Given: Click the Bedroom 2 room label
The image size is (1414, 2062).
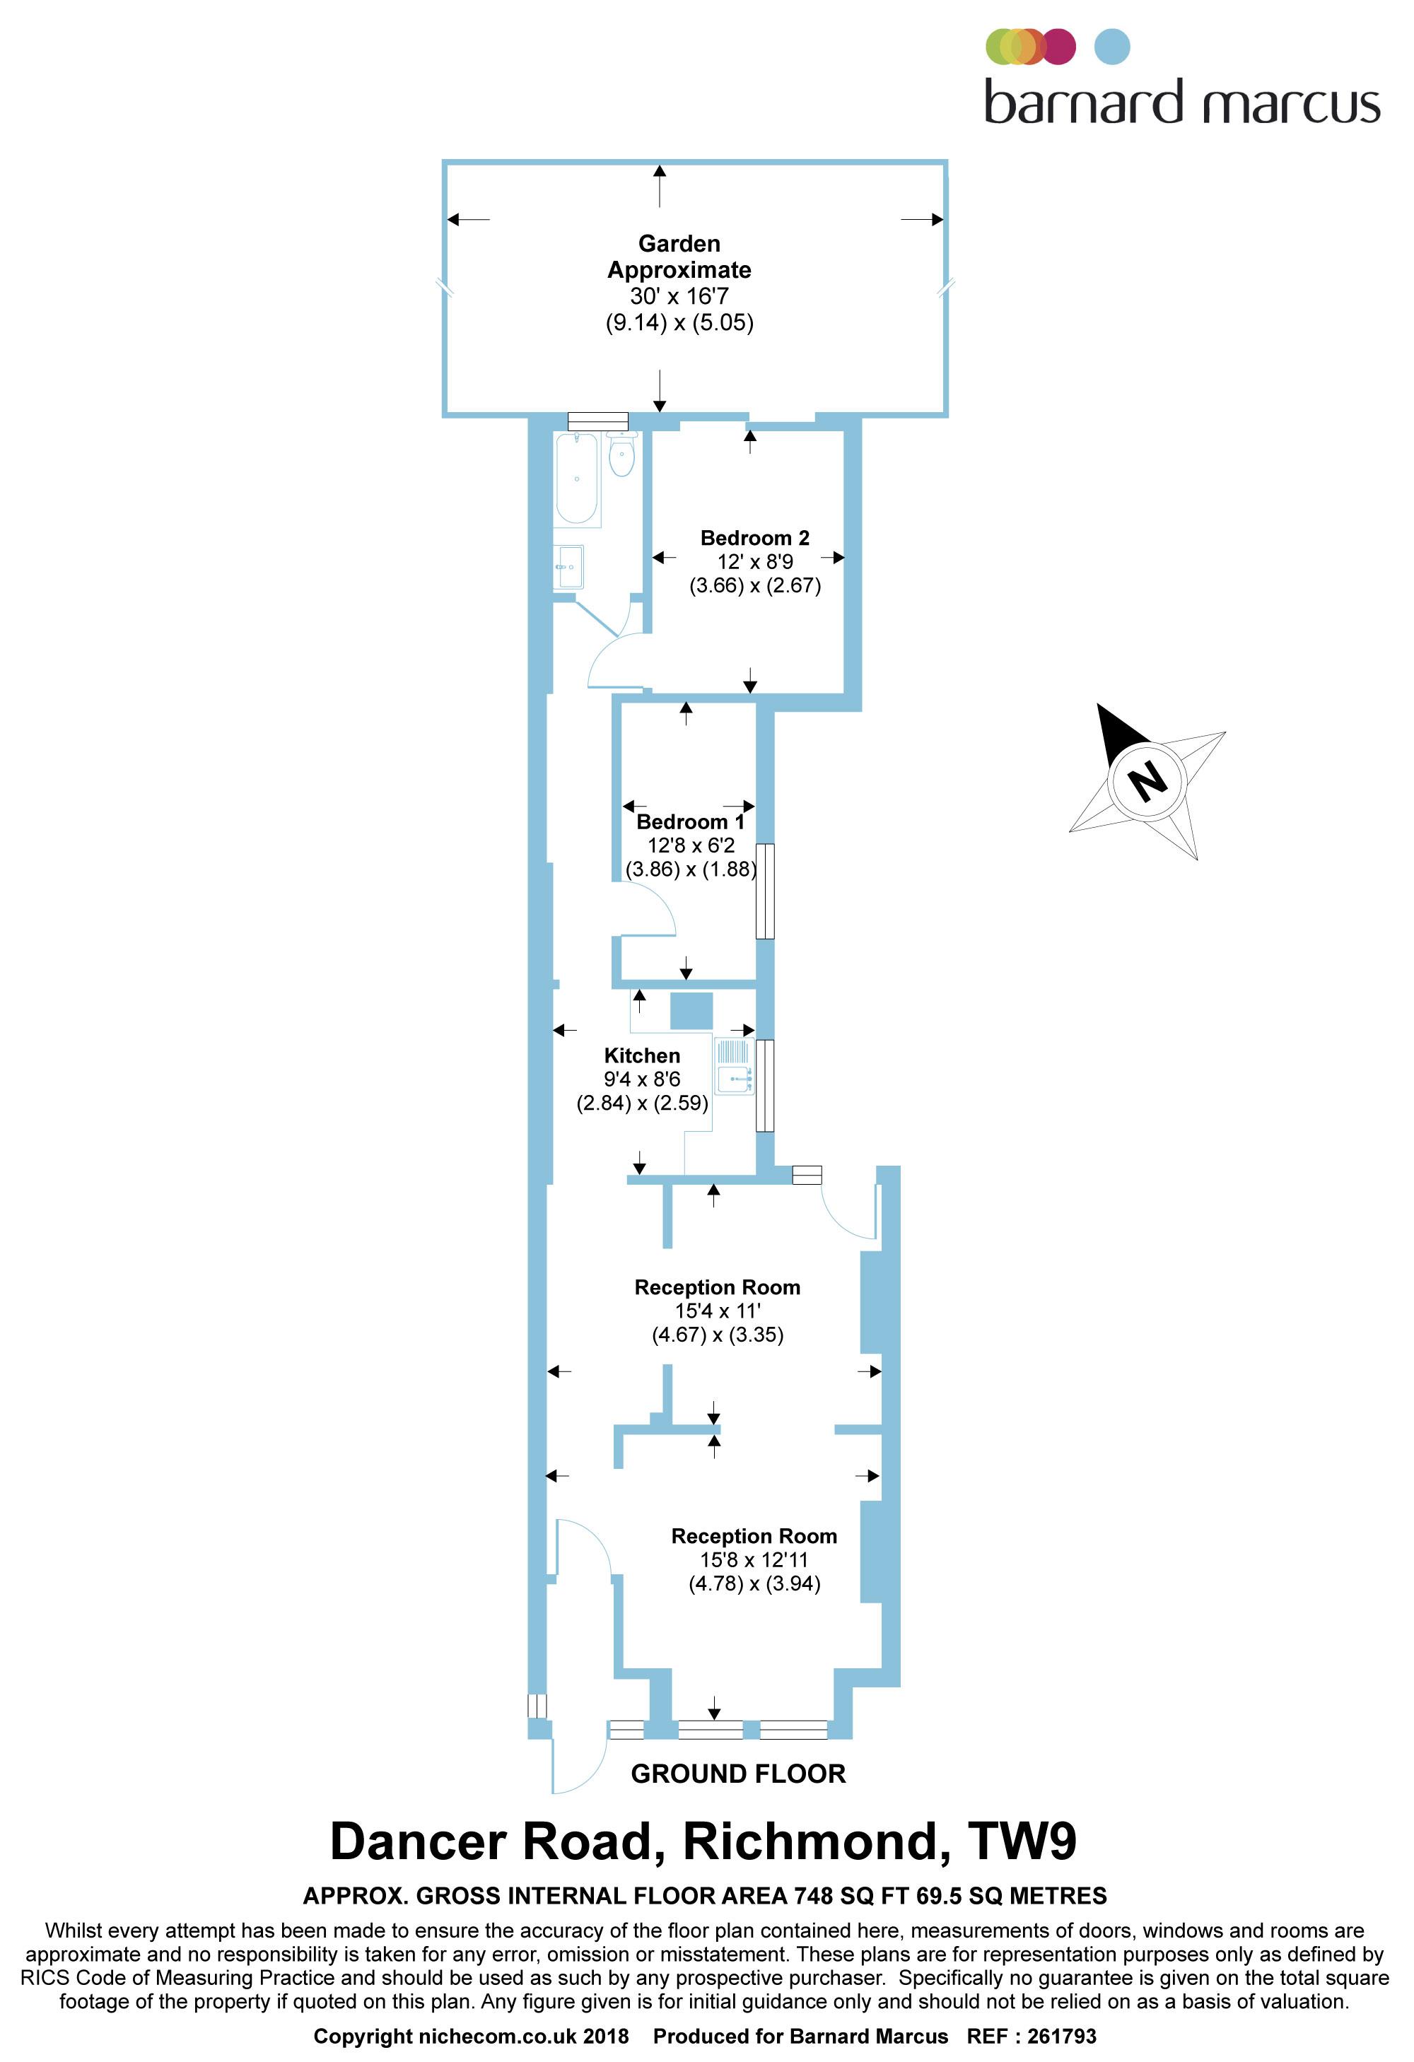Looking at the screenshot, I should pos(754,538).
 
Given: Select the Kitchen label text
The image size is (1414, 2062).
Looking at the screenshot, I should pos(642,1056).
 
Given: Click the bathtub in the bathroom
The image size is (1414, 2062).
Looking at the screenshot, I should pos(576,480).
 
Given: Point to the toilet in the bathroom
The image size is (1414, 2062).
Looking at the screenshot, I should pos(622,456).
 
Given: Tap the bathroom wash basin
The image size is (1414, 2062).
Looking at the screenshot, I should pos(568,567).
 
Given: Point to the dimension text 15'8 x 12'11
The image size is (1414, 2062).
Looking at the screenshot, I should pos(754,1560).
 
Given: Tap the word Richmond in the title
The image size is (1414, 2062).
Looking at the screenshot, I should pos(810,1842).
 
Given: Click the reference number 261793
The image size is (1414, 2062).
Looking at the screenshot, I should pos(1062,2037).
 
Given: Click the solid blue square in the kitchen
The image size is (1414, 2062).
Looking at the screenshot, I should pos(691,1011).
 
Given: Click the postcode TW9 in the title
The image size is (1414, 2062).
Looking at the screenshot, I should pos(1022,1842).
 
